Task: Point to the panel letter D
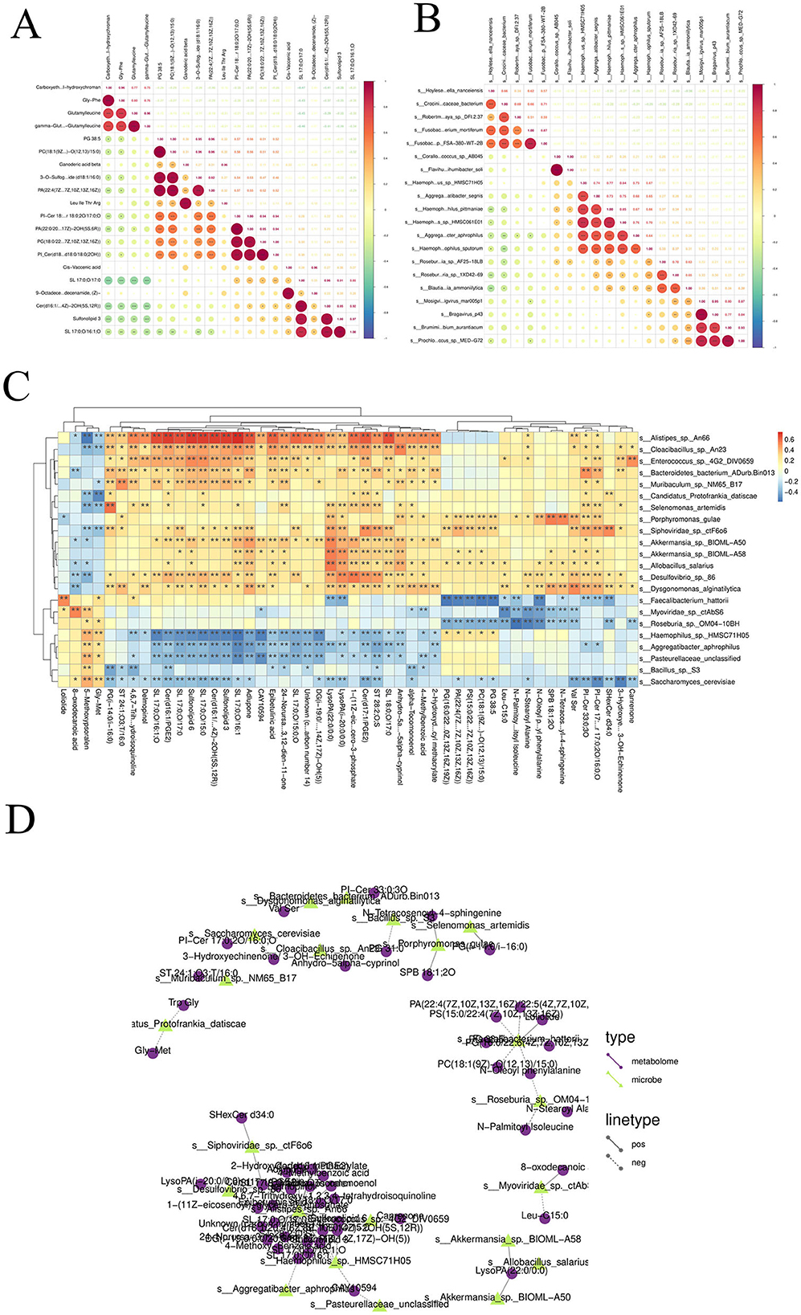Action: tap(22, 819)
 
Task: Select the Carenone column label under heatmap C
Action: tap(631, 706)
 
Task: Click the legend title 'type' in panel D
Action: tap(619, 1037)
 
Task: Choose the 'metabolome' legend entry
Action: tap(654, 1061)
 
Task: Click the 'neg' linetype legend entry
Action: tap(639, 1162)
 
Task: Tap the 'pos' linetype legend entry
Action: tap(639, 1144)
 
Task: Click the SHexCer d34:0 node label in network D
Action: tap(241, 1115)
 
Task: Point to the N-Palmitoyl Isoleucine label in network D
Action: tap(525, 1127)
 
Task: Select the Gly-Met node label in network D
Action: tap(153, 1051)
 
